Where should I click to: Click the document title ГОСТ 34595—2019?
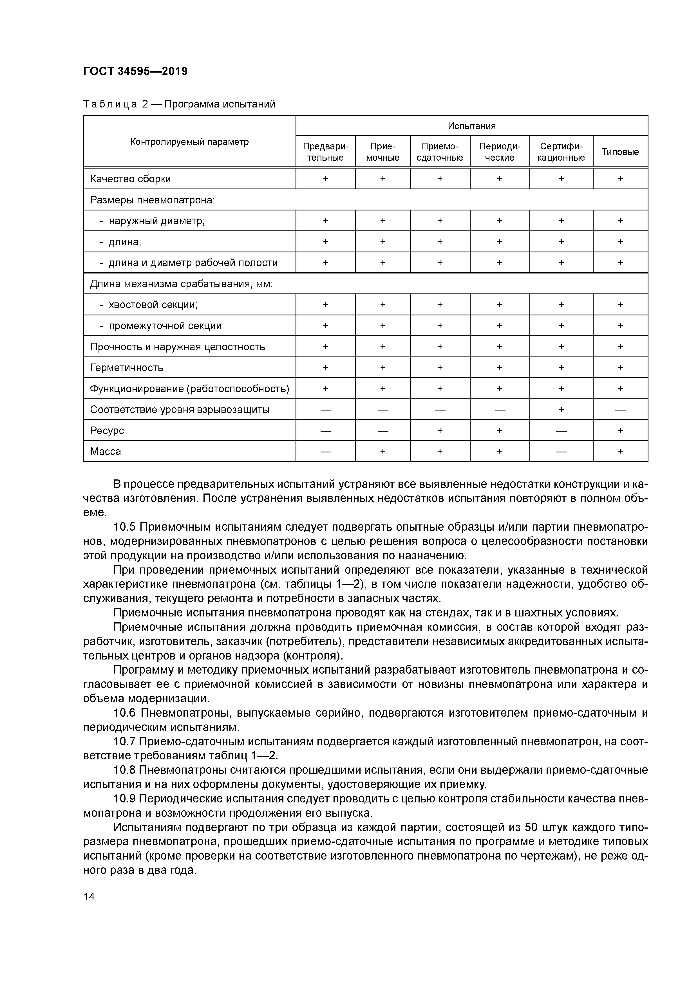(x=135, y=71)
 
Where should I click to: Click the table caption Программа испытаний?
(x=219, y=104)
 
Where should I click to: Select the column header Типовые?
(x=620, y=152)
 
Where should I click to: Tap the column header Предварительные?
(x=326, y=152)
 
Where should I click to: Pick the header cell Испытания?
(x=471, y=126)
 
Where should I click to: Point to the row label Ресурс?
(x=107, y=430)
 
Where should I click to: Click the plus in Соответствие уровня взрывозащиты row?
(x=561, y=410)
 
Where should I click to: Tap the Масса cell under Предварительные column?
(x=326, y=451)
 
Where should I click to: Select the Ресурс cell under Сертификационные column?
(x=561, y=430)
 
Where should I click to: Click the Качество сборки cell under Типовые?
(x=620, y=178)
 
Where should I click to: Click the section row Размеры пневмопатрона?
(x=152, y=200)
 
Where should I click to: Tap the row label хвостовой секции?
(x=153, y=305)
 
